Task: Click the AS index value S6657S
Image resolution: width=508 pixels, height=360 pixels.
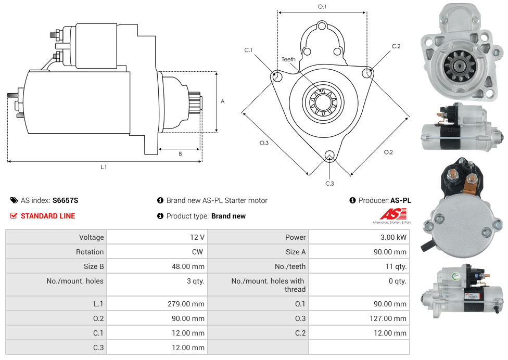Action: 65,200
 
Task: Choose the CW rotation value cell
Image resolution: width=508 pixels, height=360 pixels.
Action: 199,252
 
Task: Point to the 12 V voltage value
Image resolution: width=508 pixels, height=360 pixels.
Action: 197,237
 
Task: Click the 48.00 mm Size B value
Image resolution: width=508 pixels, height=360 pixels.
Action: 189,266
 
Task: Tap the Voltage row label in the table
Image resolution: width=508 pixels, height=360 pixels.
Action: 91,237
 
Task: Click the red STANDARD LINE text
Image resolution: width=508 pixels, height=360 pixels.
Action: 48,216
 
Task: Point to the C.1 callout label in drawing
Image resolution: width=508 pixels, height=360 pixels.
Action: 248,50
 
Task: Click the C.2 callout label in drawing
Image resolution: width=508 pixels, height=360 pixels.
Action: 396,46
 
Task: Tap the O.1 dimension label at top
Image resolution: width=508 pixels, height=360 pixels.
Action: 322,6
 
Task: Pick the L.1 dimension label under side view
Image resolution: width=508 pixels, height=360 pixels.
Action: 104,167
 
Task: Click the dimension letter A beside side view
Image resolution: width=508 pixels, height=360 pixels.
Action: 222,101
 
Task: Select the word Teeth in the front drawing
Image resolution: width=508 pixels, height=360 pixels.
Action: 288,59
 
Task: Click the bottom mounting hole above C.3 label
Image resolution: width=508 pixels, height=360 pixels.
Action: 329,156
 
